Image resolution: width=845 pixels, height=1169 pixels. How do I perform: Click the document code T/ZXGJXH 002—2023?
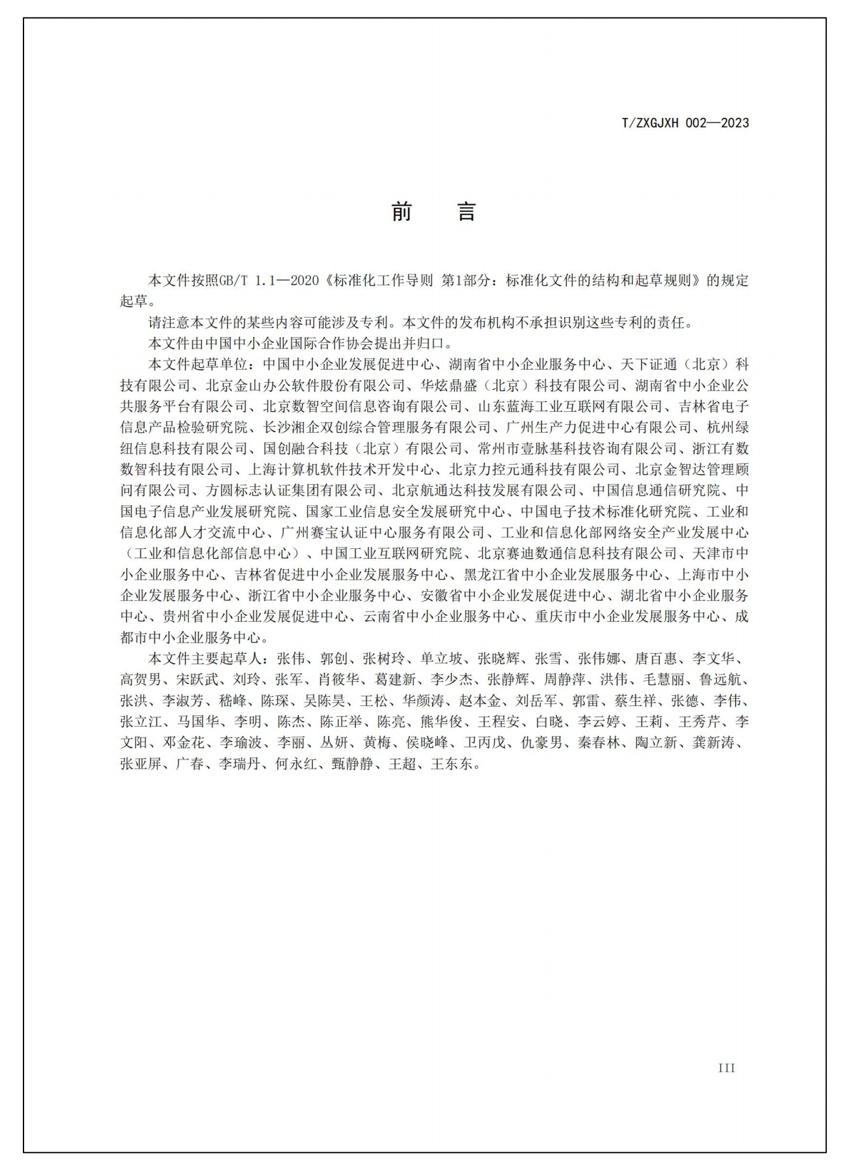(685, 123)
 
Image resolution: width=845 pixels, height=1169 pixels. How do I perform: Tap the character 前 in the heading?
(401, 212)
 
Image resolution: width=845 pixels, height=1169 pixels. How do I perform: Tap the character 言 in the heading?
(466, 212)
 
